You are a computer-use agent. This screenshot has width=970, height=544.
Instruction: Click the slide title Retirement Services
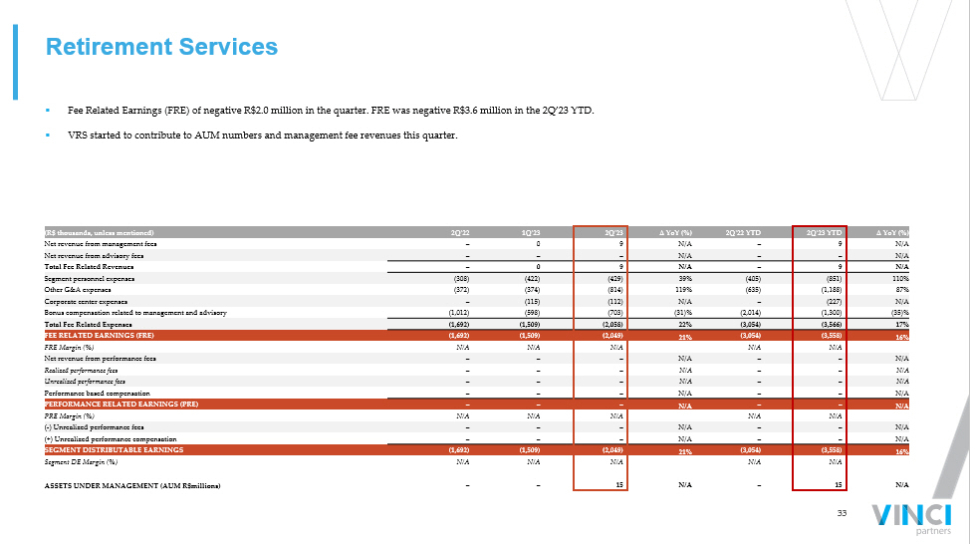pos(162,47)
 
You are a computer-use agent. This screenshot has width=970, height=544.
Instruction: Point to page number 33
pos(842,513)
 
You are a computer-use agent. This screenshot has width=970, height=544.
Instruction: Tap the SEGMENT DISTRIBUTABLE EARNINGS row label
pos(114,450)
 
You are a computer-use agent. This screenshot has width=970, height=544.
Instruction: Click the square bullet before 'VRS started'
pos(48,136)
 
